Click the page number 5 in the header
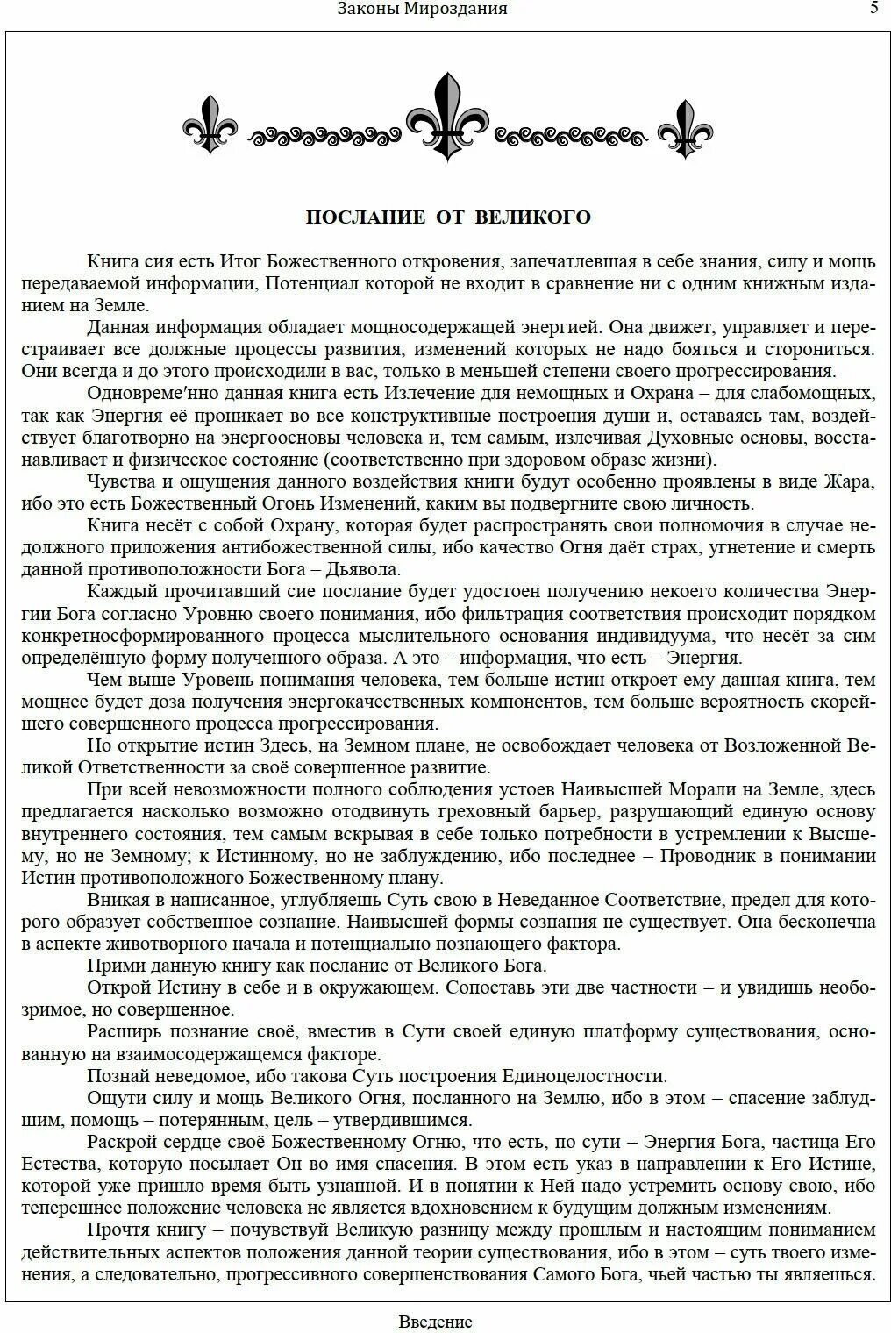(873, 9)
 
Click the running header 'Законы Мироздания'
(422, 9)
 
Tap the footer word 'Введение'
(435, 1322)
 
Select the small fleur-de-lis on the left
(210, 125)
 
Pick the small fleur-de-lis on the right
(685, 128)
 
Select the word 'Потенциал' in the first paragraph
(306, 283)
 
